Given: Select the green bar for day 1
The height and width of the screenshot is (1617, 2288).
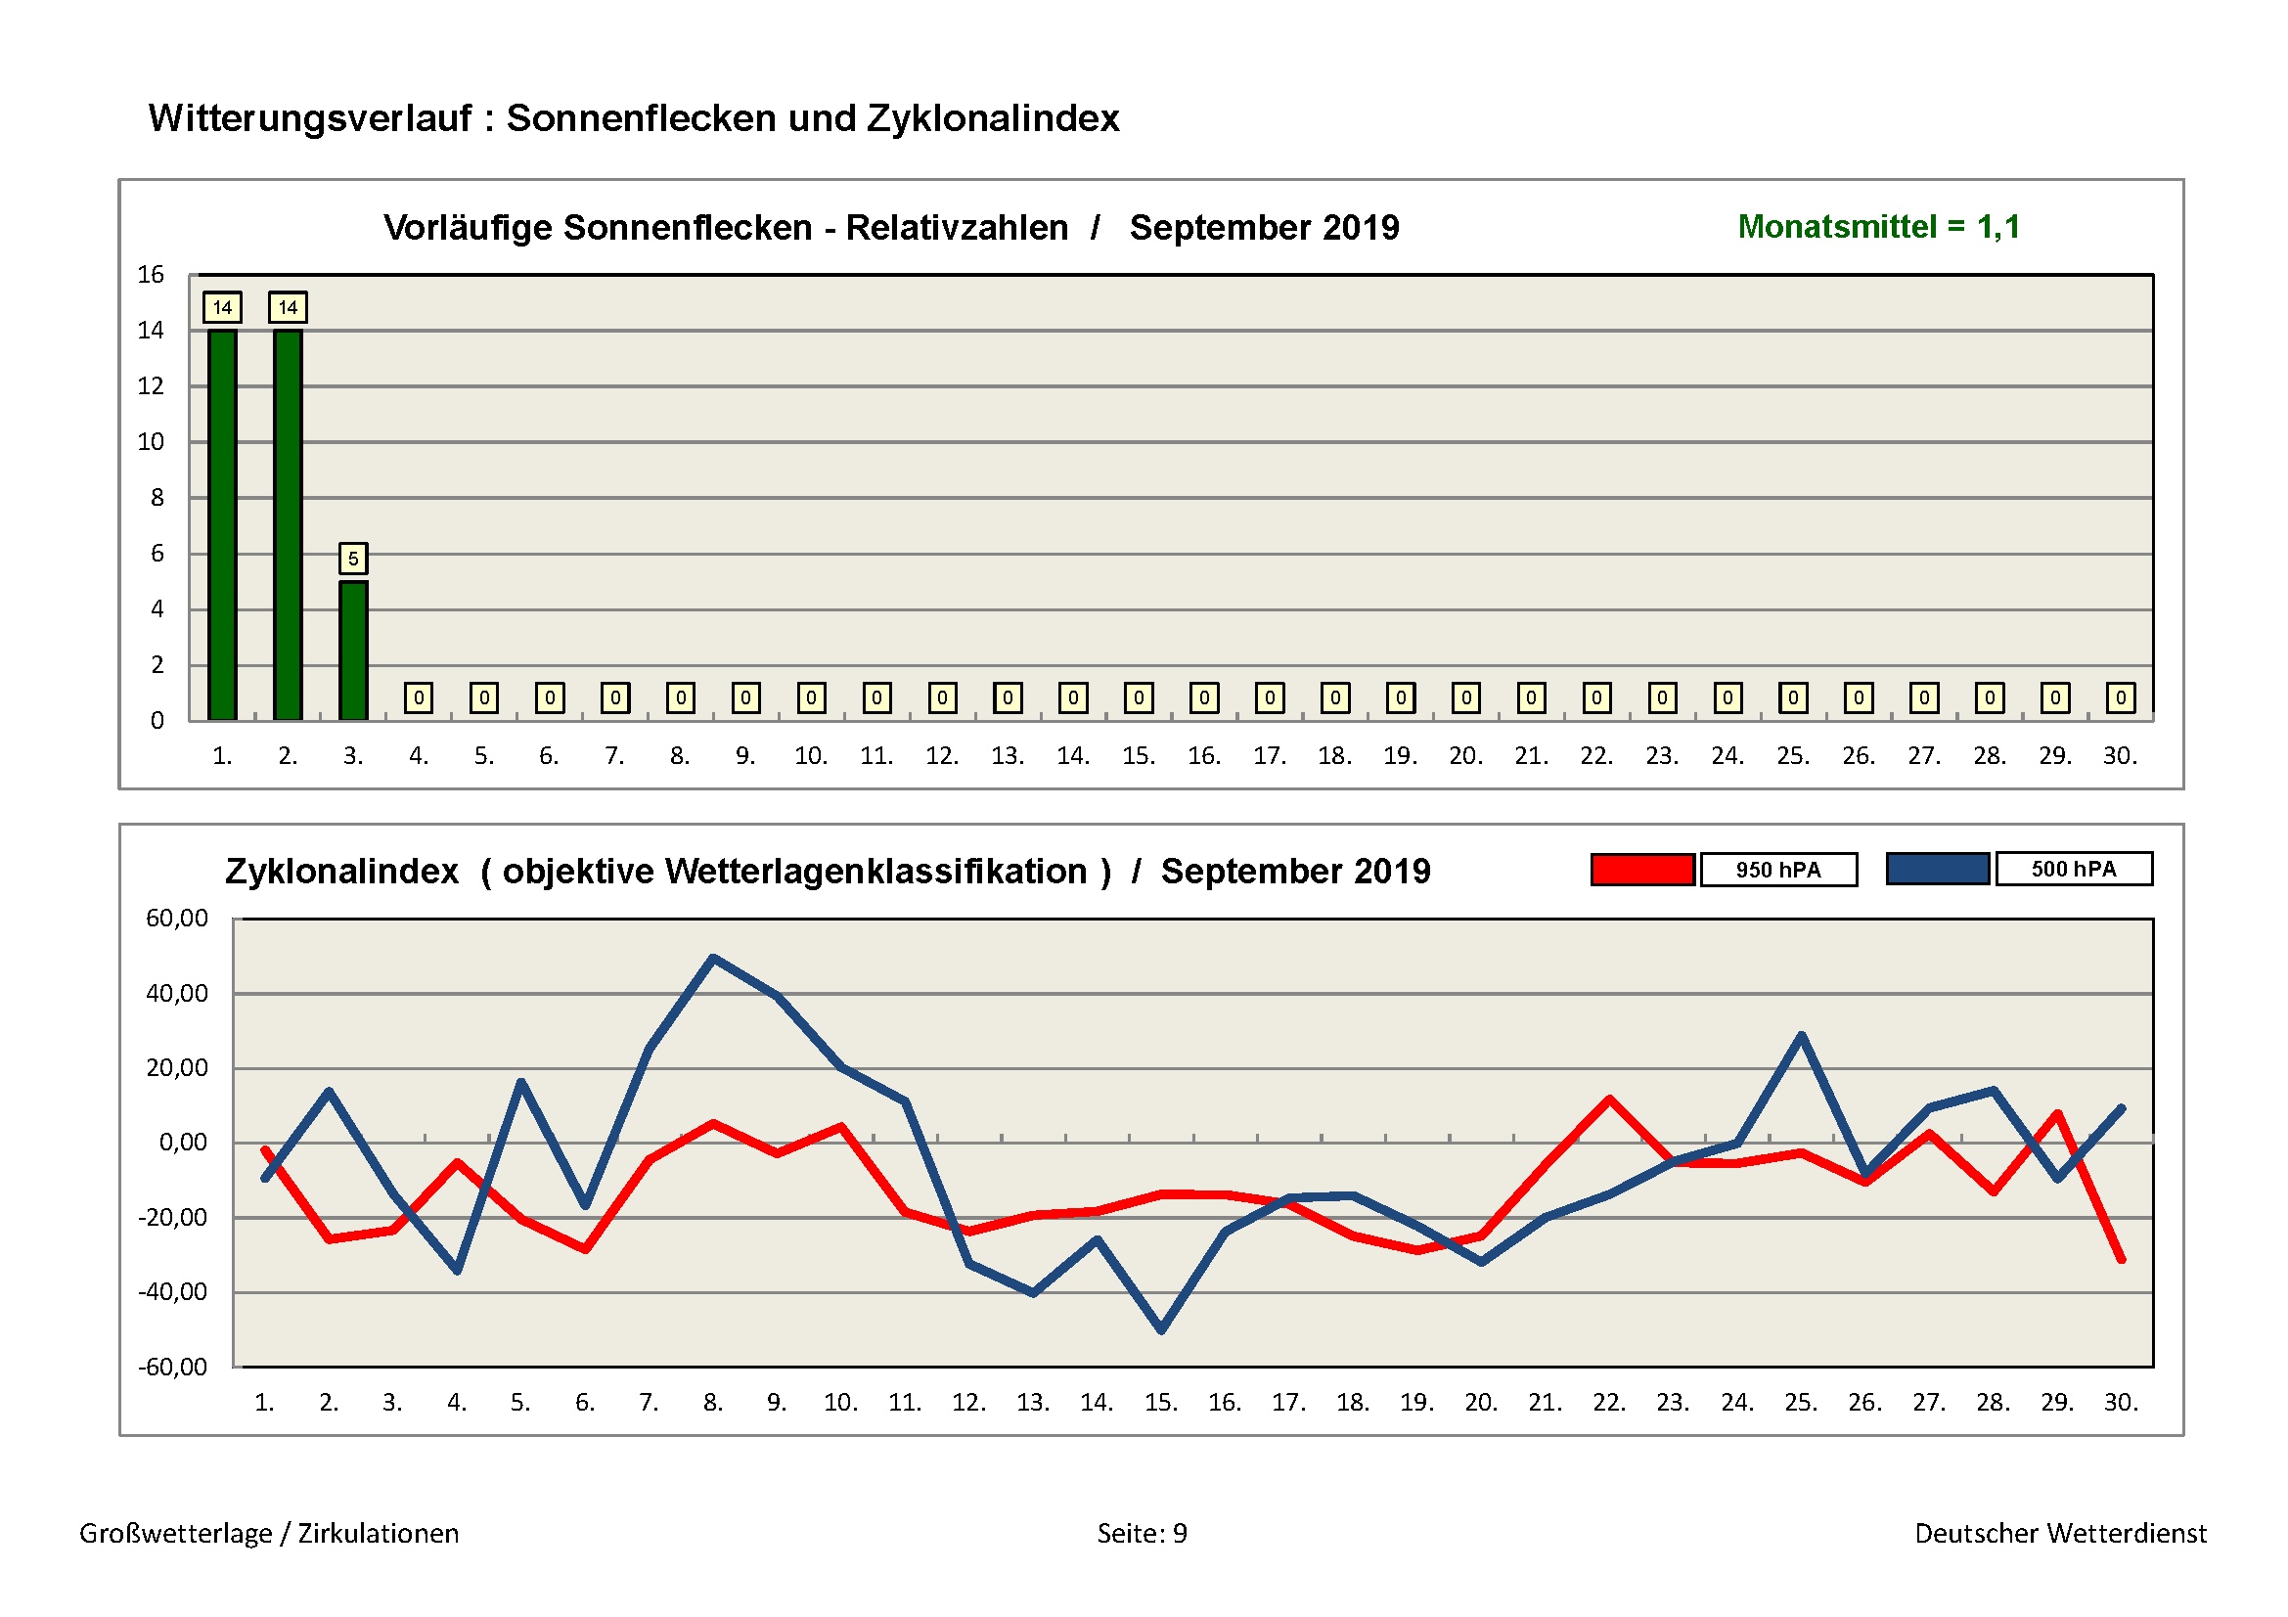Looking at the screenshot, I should coord(222,524).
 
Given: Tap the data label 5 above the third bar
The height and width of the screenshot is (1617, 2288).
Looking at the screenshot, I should coord(353,558).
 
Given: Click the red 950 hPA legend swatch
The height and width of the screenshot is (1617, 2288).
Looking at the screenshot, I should coord(1642,870).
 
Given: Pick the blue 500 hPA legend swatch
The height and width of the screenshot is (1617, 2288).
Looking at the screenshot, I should coord(1937,869).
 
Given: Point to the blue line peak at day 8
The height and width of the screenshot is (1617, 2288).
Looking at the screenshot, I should coord(713,958).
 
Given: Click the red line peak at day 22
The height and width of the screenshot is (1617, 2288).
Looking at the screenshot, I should coord(1609,1099).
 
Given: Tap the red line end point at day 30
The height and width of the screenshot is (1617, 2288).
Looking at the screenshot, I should coord(2122,1260).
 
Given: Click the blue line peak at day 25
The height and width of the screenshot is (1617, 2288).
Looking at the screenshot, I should coord(1802,1036).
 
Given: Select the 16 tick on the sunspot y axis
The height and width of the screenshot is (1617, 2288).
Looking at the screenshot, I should coord(151,274).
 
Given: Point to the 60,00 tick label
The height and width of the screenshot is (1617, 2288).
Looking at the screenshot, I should coord(176,918).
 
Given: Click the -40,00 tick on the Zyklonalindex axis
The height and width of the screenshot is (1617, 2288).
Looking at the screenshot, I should coord(173,1292).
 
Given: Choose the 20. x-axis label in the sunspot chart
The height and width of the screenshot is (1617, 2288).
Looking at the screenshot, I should coord(1466,756).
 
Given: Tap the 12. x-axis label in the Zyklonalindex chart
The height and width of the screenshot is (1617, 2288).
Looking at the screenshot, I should coord(968,1403).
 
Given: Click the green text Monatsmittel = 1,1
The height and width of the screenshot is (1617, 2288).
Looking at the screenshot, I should coord(1878,227).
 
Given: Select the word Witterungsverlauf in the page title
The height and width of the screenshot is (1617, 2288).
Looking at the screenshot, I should coord(310,118).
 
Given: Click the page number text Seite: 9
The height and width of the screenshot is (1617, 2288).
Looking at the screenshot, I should coord(1142,1533).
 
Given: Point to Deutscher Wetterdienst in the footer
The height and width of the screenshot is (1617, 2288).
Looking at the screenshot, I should coord(2060,1533).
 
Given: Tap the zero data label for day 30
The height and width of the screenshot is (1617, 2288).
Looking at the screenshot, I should coord(2121,697).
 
